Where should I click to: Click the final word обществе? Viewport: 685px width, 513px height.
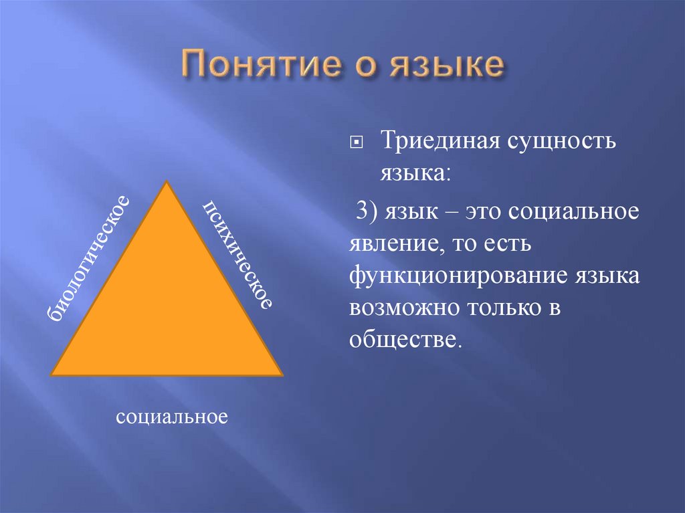tap(405, 340)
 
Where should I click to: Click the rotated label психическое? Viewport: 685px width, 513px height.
tap(238, 254)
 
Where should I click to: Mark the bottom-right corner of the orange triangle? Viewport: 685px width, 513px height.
tap(282, 375)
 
